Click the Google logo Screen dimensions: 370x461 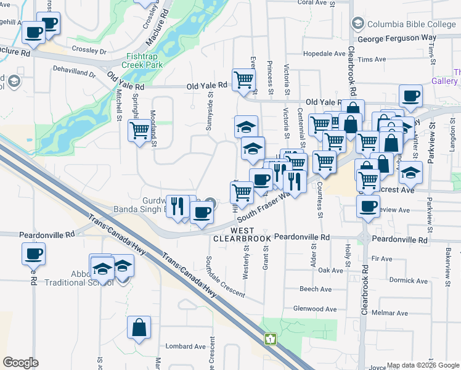(20, 363)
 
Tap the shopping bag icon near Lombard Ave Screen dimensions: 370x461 (139, 327)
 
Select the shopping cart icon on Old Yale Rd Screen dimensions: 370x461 (243, 80)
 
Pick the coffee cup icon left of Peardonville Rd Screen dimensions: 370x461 (34, 253)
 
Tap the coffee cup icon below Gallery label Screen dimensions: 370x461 (410, 96)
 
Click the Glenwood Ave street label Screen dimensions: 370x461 (315, 309)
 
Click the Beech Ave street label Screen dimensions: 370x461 (316, 289)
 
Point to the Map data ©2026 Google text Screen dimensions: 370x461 (423, 365)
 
